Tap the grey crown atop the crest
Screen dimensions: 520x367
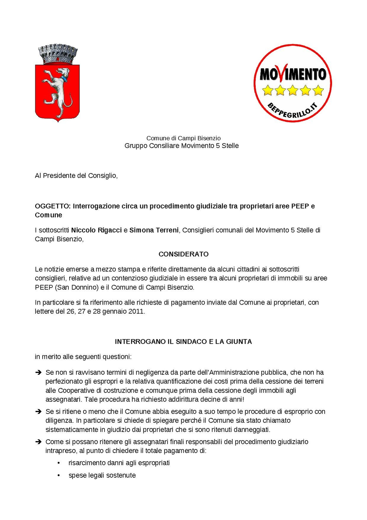[58, 54]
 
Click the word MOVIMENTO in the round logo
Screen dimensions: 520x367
[293, 74]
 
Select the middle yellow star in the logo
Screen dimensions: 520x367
[293, 90]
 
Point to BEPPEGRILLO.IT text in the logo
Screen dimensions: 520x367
[292, 111]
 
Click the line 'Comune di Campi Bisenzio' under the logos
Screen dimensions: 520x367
[183, 138]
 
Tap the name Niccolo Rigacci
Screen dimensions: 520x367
[96, 230]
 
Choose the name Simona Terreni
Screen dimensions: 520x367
[154, 230]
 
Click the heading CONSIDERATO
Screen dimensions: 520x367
[183, 254]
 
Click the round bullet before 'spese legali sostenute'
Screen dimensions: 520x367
[59, 475]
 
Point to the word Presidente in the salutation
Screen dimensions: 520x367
[59, 176]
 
